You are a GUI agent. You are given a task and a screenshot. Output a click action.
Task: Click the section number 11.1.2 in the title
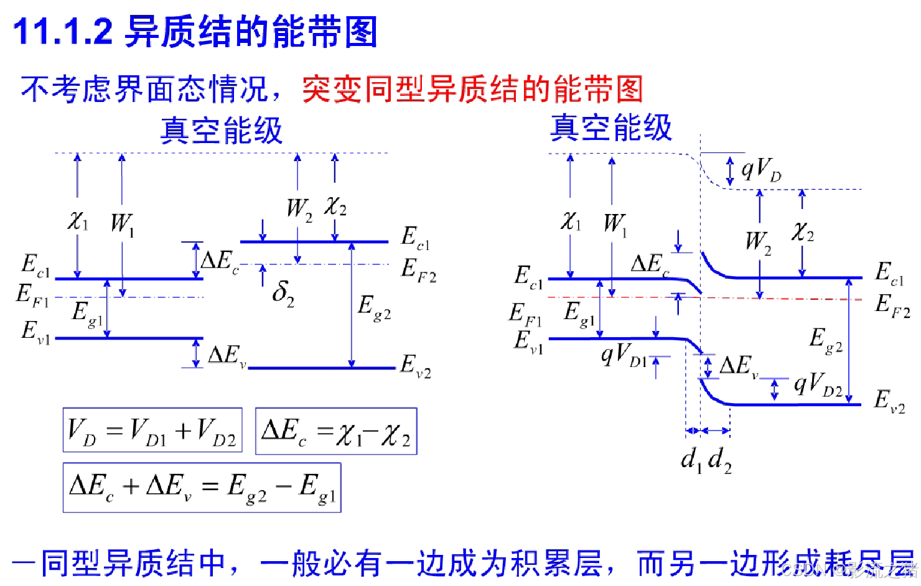63,31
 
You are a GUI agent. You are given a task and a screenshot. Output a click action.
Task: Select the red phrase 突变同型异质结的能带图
472,90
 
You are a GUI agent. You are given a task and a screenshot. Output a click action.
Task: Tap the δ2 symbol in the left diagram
283,292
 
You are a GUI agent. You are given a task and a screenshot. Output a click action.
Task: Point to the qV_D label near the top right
761,169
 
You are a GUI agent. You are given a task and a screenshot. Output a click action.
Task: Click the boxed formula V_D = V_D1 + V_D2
152,430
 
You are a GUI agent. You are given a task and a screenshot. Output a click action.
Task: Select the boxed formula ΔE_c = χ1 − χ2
336,432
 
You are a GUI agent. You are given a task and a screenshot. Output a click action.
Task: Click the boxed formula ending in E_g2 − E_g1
202,488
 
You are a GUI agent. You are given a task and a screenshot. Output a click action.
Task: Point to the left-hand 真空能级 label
222,131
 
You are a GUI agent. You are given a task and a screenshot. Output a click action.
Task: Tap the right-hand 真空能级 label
611,128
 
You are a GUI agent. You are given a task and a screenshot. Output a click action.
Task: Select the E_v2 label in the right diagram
889,401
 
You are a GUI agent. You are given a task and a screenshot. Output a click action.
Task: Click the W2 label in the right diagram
758,241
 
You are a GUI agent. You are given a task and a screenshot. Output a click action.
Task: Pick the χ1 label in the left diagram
78,221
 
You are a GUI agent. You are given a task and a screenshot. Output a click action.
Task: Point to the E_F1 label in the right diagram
525,314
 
